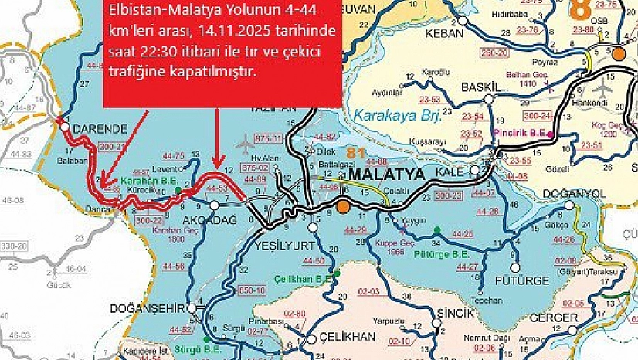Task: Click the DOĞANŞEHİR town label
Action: pyautogui.click(x=148, y=307)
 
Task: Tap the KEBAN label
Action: pyautogui.click(x=447, y=33)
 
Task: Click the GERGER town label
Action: pyautogui.click(x=553, y=318)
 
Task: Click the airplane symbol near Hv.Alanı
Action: pyautogui.click(x=246, y=144)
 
